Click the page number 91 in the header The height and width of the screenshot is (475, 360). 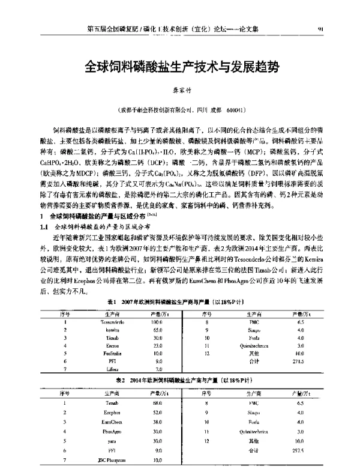pyautogui.click(x=338, y=28)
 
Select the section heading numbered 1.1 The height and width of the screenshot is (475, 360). pyautogui.click(x=44, y=228)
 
